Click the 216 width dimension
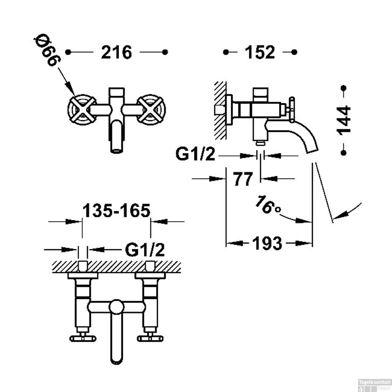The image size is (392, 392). (117, 52)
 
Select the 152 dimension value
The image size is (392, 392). (260, 52)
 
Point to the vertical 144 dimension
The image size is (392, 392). (344, 120)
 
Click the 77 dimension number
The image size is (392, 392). (243, 179)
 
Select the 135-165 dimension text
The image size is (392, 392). (117, 211)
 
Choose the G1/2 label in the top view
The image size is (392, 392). (145, 250)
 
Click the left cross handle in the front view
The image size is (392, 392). (82, 109)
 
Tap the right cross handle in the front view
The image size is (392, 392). (151, 109)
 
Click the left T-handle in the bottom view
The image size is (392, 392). (83, 338)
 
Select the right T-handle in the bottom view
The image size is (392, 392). (150, 338)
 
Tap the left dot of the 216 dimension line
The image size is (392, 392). (68, 52)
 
